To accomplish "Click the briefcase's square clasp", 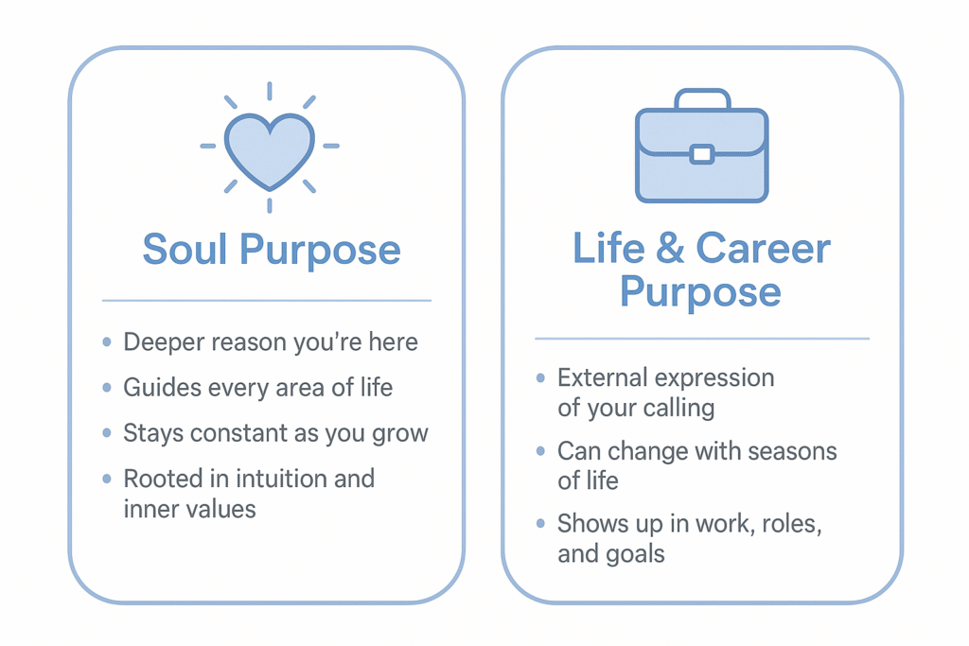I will pos(700,154).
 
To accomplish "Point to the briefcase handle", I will pos(701,97).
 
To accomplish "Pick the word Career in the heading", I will pos(764,248).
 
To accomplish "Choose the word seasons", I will pos(789,450).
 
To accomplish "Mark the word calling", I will pos(674,409).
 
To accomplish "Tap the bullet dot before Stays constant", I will pos(106,434).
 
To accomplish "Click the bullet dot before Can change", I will pos(540,450).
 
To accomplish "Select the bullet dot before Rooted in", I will pos(106,479).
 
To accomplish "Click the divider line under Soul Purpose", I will pos(266,301).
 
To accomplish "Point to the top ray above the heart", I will pos(269,91).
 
